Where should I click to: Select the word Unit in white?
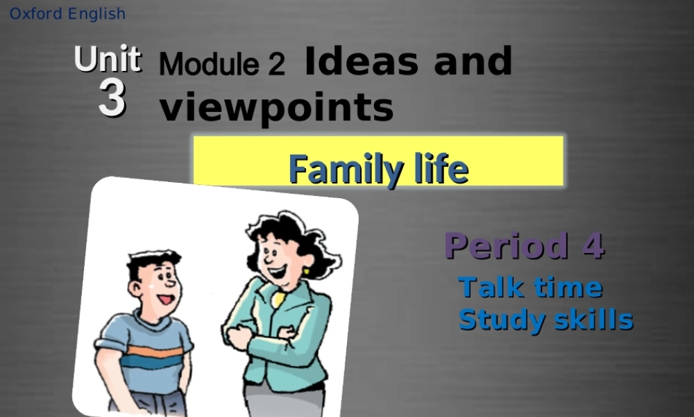[108, 60]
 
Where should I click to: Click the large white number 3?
[112, 98]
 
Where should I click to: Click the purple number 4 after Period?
[593, 246]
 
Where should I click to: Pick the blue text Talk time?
[530, 287]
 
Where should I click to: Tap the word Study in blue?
[498, 320]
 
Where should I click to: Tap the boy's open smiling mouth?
[164, 300]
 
